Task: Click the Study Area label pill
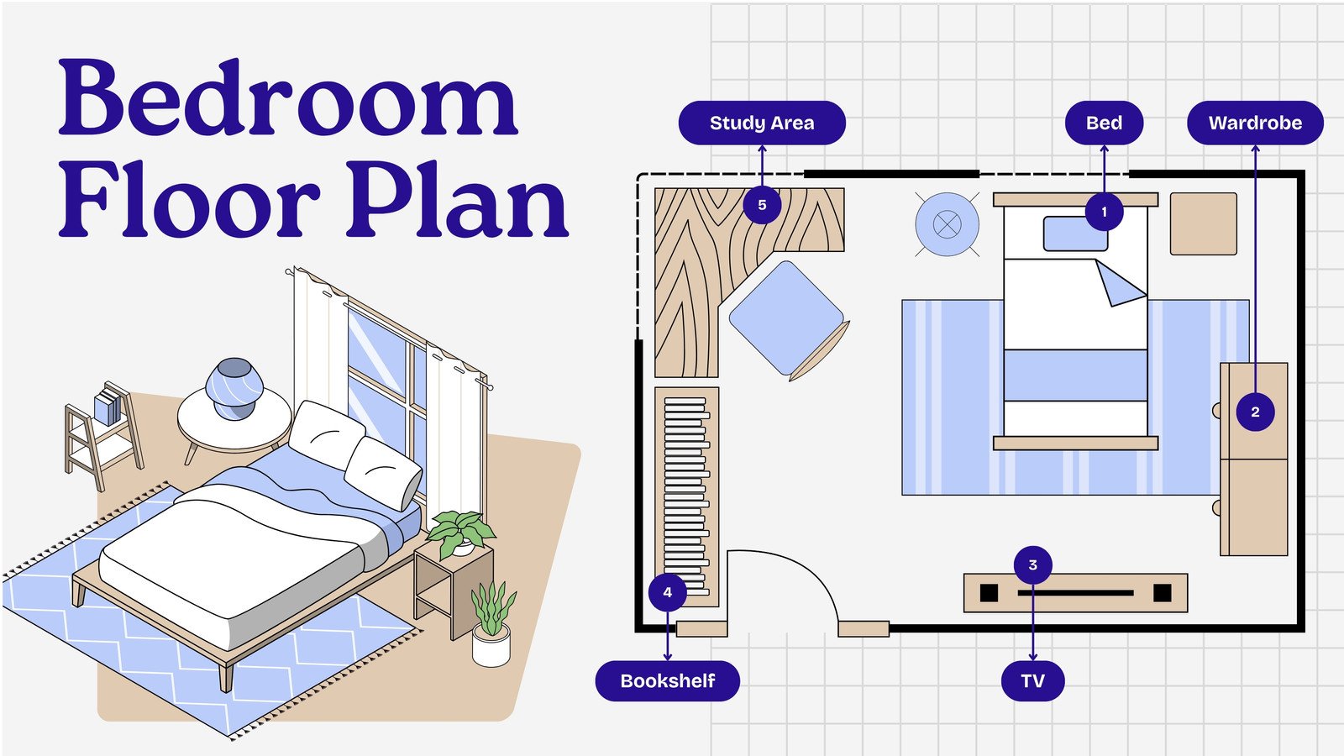(x=761, y=123)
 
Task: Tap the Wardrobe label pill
(x=1254, y=123)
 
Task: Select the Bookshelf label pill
(x=667, y=680)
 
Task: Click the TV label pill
(x=1032, y=680)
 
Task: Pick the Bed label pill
(x=1104, y=123)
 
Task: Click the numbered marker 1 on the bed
(x=1104, y=212)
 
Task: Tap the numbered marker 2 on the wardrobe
(x=1255, y=412)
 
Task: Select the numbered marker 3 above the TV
(x=1032, y=564)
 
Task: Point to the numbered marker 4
(x=667, y=591)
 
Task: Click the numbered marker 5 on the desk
(x=762, y=205)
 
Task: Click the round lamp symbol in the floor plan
(x=947, y=224)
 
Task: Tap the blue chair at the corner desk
(x=786, y=318)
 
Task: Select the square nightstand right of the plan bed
(x=1203, y=223)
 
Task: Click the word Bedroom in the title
(x=287, y=99)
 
